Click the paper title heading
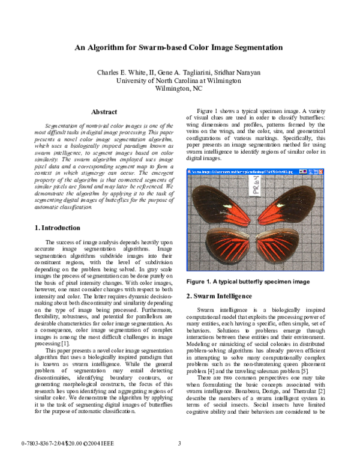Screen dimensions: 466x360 (x=179, y=47)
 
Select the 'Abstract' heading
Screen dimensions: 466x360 (x=104, y=112)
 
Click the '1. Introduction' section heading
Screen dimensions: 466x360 (x=58, y=228)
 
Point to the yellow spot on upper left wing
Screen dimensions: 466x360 (x=229, y=206)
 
